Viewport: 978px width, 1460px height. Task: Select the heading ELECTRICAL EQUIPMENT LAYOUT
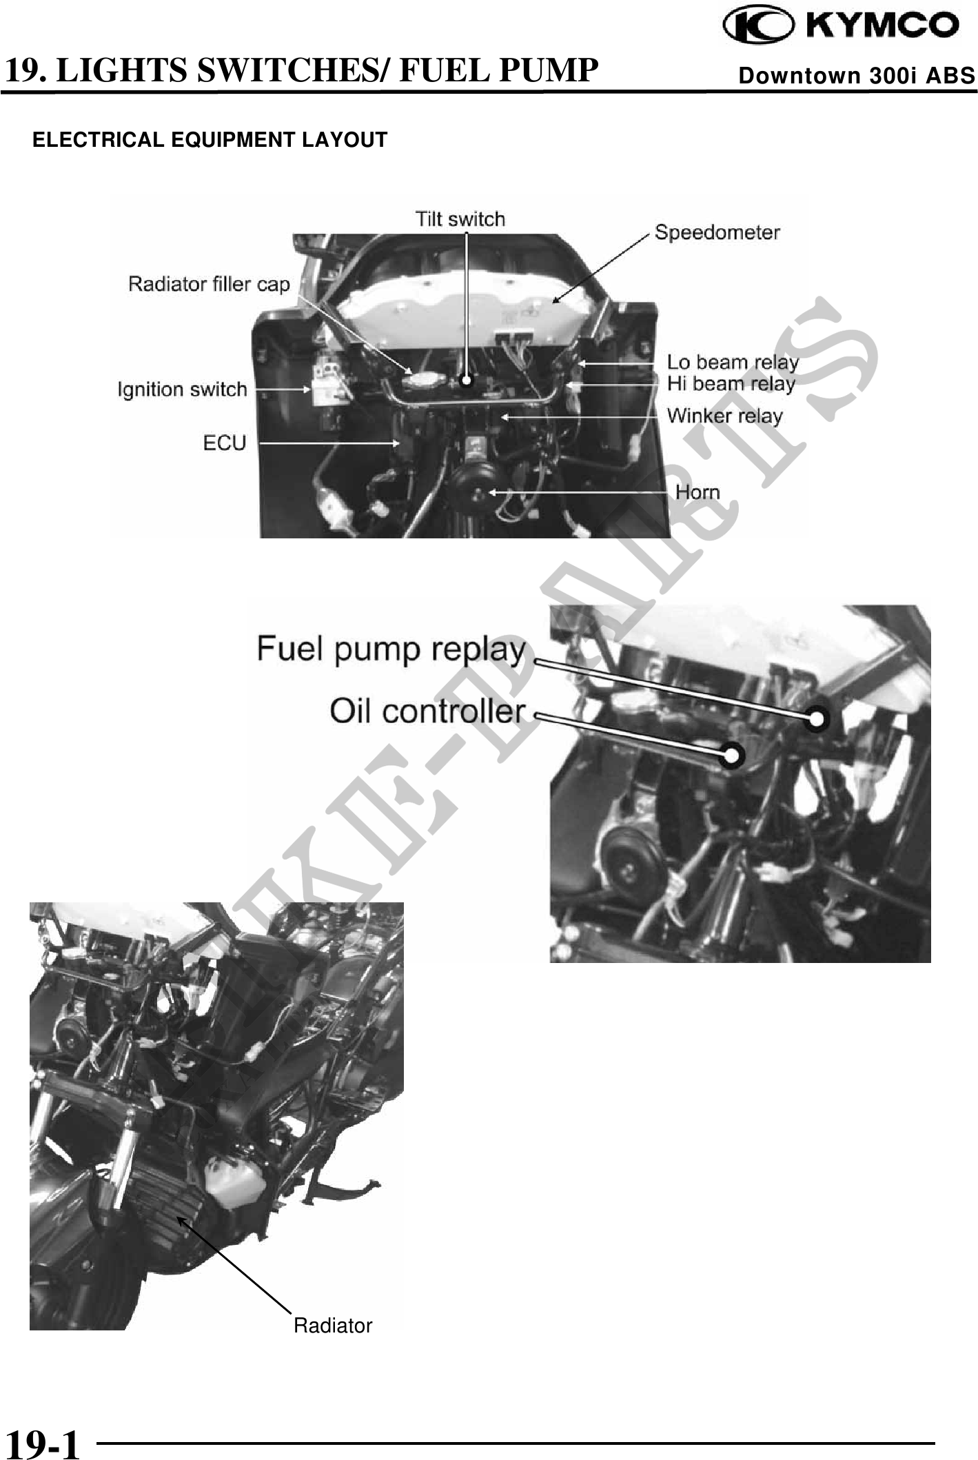point(210,140)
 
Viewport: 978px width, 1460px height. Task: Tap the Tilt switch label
point(460,219)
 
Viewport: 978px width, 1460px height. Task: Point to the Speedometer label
point(717,233)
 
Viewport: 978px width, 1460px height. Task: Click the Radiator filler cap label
point(210,284)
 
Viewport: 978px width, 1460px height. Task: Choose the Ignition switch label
point(182,389)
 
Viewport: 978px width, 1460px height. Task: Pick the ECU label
point(225,443)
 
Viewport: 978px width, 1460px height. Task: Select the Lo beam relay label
point(733,363)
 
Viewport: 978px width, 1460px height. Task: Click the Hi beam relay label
point(731,384)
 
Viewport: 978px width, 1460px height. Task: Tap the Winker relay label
point(725,416)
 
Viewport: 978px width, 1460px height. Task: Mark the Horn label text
point(697,492)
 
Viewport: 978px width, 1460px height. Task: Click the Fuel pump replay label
point(391,650)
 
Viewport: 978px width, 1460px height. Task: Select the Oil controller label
point(427,711)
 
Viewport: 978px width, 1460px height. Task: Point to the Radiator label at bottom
point(333,1325)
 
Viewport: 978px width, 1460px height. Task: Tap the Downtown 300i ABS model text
point(857,75)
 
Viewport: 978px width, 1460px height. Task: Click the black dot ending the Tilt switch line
point(467,380)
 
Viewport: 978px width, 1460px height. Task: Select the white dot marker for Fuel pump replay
point(816,719)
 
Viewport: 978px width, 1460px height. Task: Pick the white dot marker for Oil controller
point(732,756)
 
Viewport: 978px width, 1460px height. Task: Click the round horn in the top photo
point(478,488)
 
